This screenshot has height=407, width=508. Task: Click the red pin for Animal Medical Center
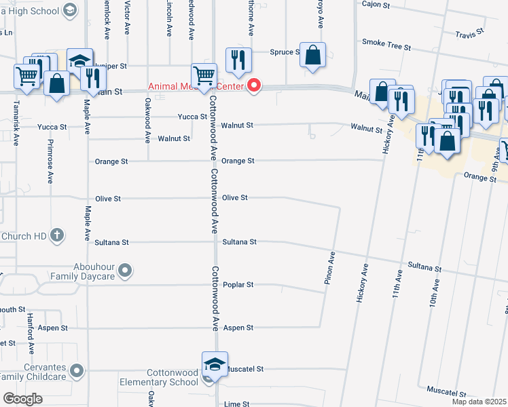[254, 85]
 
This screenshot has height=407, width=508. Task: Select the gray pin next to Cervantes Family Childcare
[77, 370]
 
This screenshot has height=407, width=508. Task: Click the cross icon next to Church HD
[58, 235]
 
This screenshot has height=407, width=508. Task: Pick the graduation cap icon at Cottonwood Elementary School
[214, 364]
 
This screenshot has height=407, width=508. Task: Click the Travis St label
[469, 32]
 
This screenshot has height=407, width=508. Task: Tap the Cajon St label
[376, 4]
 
